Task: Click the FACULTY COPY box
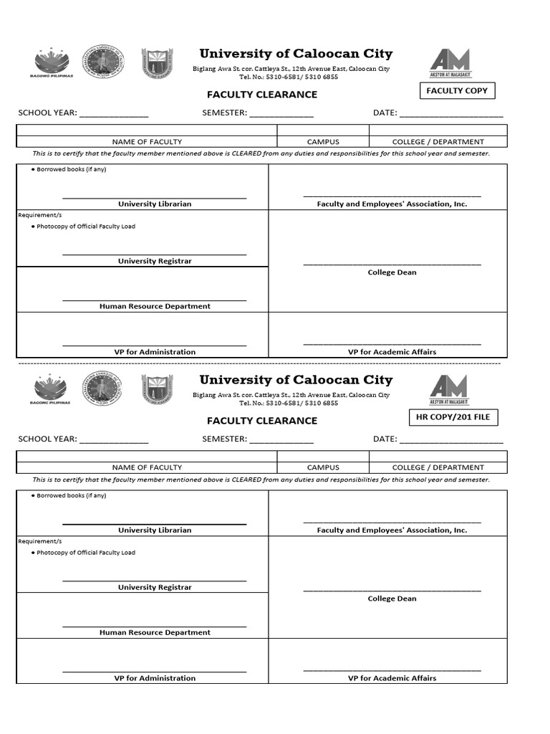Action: pyautogui.click(x=457, y=90)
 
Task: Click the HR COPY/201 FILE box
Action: pyautogui.click(x=453, y=417)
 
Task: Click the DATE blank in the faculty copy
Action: pyautogui.click(x=450, y=113)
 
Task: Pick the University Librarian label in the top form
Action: pyautogui.click(x=155, y=204)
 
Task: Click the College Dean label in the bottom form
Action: pyautogui.click(x=392, y=599)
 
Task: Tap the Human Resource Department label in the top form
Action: pyautogui.click(x=155, y=306)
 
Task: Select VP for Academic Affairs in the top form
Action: pyautogui.click(x=392, y=352)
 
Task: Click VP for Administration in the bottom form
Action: pyautogui.click(x=155, y=678)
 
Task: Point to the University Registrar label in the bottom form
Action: pyautogui.click(x=155, y=587)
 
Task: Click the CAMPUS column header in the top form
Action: pyautogui.click(x=323, y=142)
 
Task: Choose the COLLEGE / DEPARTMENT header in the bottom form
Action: pyautogui.click(x=438, y=467)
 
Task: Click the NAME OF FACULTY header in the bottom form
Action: pyautogui.click(x=147, y=467)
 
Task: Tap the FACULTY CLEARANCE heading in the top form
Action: pyautogui.click(x=262, y=95)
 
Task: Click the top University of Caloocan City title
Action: pyautogui.click(x=296, y=54)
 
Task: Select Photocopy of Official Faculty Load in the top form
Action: pyautogui.click(x=85, y=227)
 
